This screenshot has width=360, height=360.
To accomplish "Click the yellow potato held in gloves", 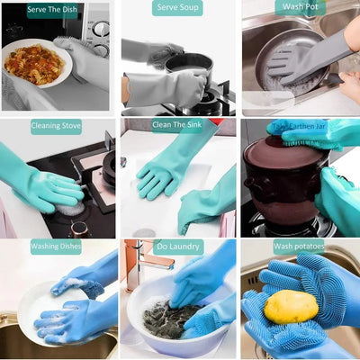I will click(290, 307).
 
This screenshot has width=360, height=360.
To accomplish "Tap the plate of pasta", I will click(34, 64).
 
